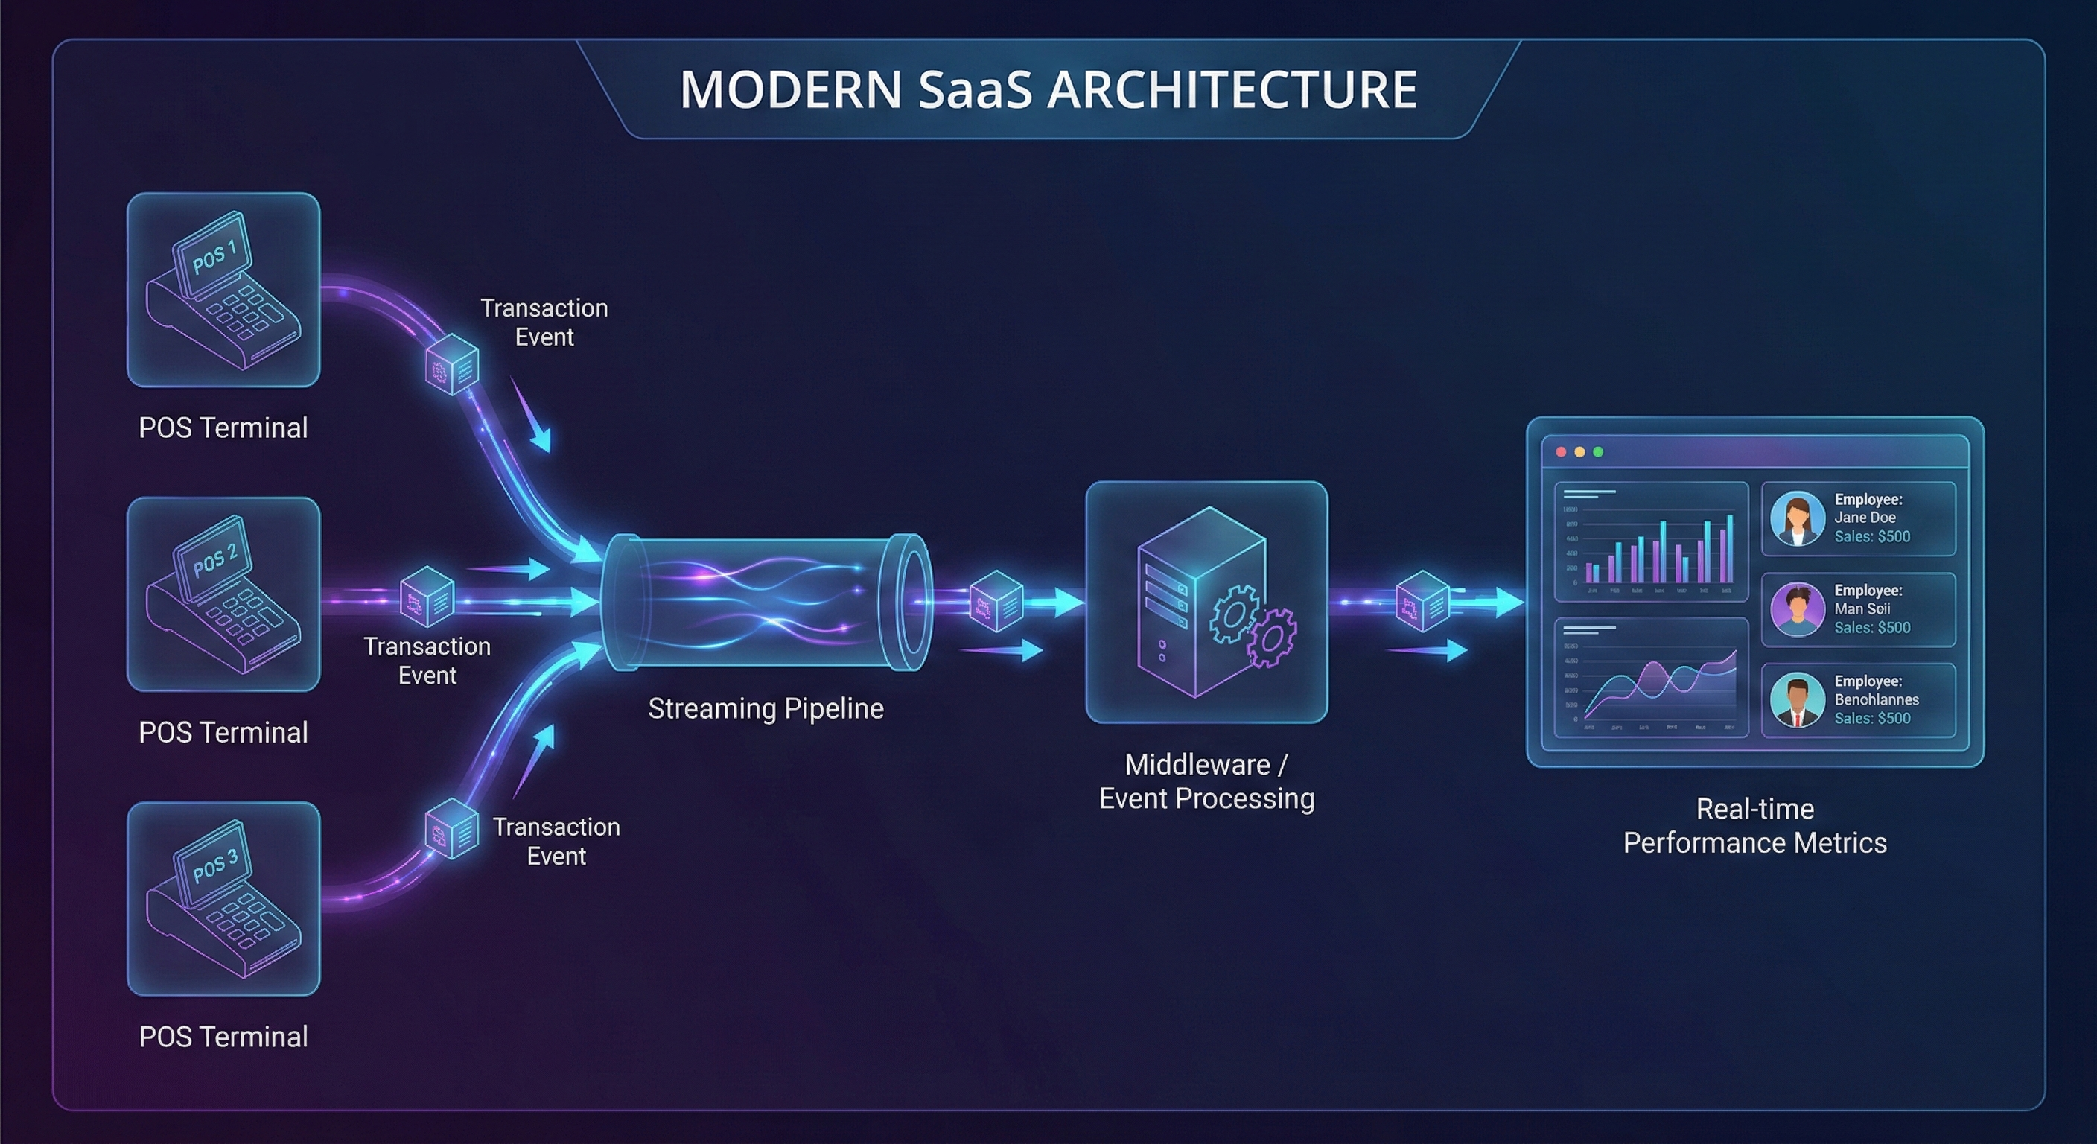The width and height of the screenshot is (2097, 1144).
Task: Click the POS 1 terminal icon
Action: [x=223, y=290]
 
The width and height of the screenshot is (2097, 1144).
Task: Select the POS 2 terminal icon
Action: [x=223, y=594]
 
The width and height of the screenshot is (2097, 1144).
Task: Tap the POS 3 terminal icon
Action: [x=223, y=899]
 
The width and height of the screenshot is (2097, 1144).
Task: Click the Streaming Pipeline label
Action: [x=766, y=708]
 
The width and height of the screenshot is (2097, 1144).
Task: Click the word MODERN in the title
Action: [x=790, y=89]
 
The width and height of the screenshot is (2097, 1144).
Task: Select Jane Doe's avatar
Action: [x=1797, y=518]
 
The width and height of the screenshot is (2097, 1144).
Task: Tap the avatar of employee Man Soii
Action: [x=1797, y=609]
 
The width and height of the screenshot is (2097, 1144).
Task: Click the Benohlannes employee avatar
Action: [x=1797, y=700]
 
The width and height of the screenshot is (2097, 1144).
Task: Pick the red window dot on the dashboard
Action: [x=1562, y=452]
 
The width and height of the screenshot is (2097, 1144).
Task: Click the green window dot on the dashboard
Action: [x=1598, y=452]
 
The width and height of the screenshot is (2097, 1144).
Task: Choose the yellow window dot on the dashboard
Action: [x=1580, y=452]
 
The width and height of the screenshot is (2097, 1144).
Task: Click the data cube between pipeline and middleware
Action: [x=996, y=602]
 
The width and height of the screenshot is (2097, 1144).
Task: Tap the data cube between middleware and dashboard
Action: [x=1422, y=602]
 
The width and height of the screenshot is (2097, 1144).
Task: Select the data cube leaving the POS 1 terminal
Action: [x=452, y=365]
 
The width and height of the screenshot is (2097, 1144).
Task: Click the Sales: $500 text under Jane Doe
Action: [x=1871, y=536]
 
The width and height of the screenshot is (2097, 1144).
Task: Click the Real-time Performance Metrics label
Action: [x=1754, y=826]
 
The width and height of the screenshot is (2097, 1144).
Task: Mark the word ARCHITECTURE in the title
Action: [x=1232, y=89]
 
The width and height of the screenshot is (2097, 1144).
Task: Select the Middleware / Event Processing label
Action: [x=1206, y=782]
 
